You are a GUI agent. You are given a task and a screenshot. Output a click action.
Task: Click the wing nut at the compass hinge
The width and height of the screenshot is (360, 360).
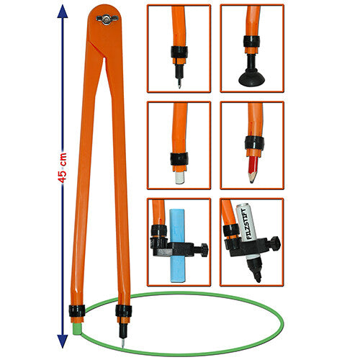point(107,19)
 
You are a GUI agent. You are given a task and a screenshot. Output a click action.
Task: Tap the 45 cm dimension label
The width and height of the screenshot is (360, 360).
point(63,168)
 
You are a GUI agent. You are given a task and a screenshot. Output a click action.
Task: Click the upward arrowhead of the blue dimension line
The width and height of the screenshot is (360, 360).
point(63,12)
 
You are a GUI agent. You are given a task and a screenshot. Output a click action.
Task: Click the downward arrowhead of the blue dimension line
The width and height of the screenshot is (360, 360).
point(63,341)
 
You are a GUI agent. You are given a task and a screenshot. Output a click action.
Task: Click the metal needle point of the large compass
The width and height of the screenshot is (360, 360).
point(123,343)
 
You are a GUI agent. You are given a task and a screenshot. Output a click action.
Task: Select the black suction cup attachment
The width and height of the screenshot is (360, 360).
point(251,77)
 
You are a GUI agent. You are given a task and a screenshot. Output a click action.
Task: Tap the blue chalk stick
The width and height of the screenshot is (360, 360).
point(177,246)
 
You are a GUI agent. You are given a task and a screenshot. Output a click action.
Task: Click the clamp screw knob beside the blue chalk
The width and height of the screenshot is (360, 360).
point(204,250)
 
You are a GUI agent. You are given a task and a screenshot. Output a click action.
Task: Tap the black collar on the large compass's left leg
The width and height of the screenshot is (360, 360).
point(77,311)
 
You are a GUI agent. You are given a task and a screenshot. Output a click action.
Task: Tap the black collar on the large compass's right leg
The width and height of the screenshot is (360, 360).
point(123,311)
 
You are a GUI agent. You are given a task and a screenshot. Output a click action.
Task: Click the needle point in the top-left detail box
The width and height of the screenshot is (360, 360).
point(179,85)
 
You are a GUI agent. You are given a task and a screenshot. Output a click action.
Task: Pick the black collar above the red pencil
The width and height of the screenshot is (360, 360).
point(254,143)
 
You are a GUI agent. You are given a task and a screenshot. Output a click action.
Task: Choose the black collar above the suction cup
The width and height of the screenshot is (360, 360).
point(251,42)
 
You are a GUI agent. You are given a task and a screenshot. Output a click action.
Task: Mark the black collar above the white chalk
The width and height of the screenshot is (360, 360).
point(179,159)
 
